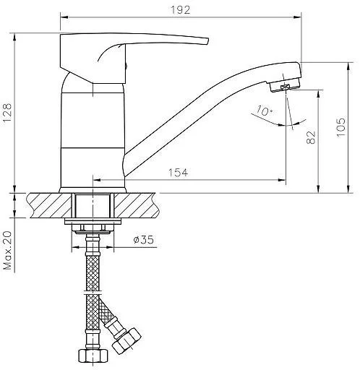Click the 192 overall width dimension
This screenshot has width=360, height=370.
click(181, 10)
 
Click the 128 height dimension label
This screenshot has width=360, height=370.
click(7, 113)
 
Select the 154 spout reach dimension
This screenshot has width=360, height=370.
click(178, 173)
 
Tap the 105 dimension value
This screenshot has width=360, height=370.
click(340, 127)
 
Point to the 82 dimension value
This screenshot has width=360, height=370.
click(311, 137)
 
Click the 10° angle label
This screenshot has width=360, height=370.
click(265, 111)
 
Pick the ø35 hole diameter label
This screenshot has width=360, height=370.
click(143, 240)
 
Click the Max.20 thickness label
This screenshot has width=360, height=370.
click(7, 250)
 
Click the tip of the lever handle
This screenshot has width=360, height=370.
click(207, 41)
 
